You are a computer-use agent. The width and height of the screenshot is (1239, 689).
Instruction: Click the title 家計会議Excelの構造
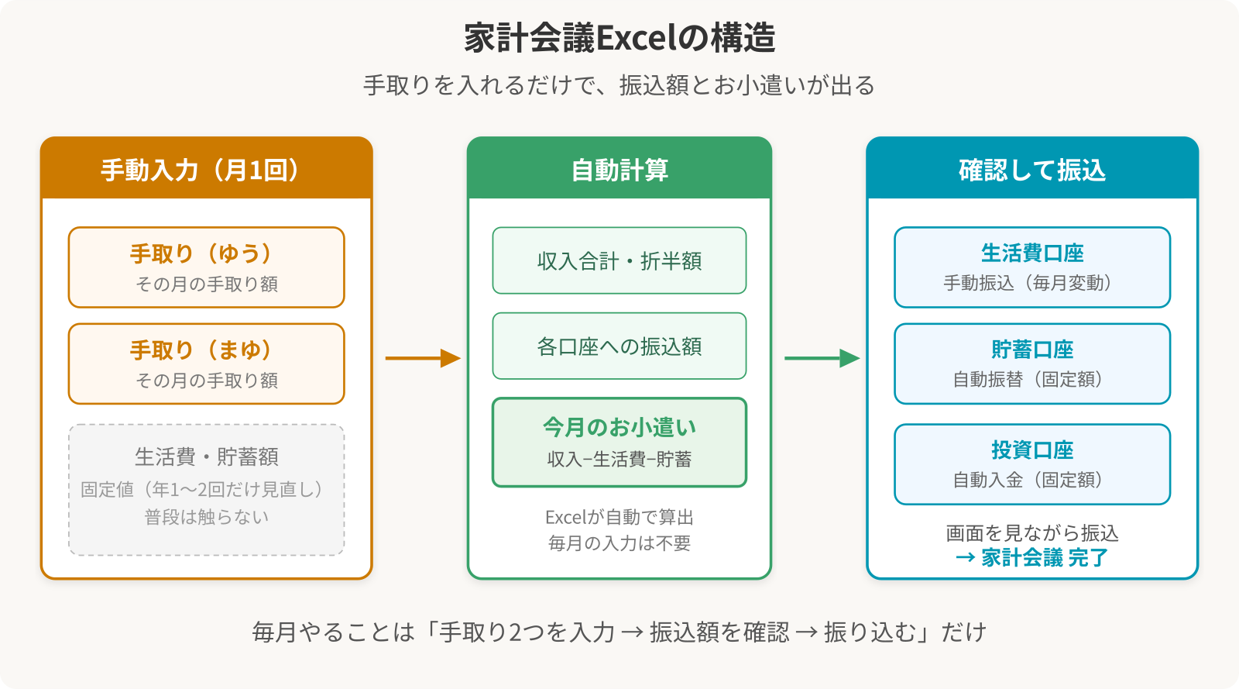tap(619, 38)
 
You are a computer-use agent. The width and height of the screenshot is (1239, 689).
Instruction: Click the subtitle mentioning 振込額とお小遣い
tap(619, 85)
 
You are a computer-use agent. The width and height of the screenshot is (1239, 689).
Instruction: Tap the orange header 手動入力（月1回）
tap(206, 170)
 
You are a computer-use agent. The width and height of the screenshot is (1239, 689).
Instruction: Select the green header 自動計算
tap(619, 170)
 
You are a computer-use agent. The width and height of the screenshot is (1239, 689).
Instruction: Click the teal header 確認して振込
tap(1032, 170)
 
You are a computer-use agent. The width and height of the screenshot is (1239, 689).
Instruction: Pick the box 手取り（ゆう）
tap(206, 267)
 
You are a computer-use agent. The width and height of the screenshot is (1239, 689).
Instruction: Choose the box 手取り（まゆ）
tap(206, 363)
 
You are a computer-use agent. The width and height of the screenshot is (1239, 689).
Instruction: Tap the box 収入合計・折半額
tap(619, 261)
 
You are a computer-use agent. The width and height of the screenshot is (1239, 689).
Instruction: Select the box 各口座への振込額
tap(619, 346)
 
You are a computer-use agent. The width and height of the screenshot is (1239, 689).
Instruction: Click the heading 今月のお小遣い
tap(619, 427)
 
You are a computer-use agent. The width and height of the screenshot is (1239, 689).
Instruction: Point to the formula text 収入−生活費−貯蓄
tap(619, 460)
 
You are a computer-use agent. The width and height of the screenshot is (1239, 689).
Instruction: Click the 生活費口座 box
tap(1032, 267)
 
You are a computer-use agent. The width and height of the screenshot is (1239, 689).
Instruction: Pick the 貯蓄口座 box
tap(1032, 363)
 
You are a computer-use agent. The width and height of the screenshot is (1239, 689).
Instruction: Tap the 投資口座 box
tap(1032, 464)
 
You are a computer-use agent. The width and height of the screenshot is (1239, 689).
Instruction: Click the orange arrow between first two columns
tap(423, 358)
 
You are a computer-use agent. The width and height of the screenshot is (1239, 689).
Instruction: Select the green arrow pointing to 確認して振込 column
tap(822, 358)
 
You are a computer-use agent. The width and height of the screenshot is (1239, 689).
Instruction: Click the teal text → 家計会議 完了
tap(1032, 557)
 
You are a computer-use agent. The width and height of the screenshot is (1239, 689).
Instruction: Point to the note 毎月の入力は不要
tap(619, 543)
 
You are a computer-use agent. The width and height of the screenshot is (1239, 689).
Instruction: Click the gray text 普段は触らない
tap(206, 517)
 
